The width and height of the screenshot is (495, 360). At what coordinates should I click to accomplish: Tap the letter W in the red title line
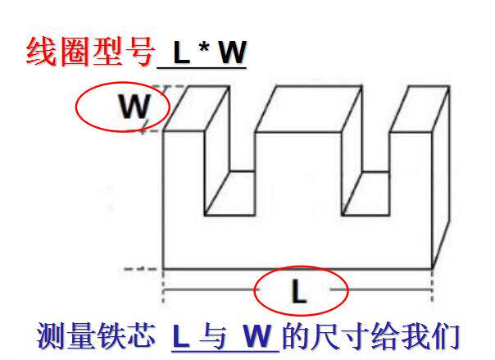[x=231, y=53]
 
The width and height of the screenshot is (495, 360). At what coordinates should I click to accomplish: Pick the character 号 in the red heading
[x=139, y=51]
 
